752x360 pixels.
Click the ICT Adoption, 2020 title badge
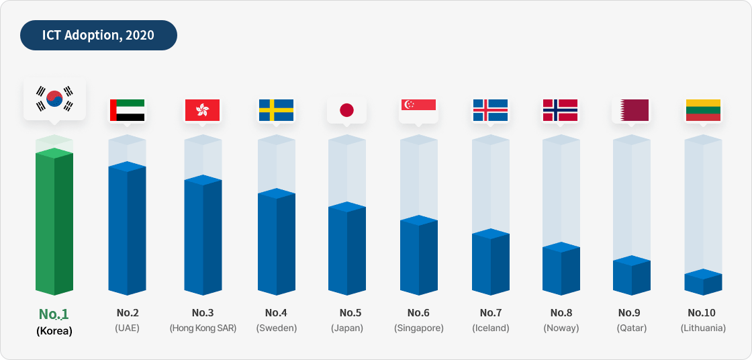tap(98, 35)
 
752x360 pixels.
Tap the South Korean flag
tap(54, 99)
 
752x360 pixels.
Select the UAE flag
tap(127, 110)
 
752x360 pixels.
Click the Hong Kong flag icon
tap(202, 110)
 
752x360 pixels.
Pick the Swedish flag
tap(276, 110)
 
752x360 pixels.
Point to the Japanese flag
tap(346, 110)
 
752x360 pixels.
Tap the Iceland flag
tap(490, 110)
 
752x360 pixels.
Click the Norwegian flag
tap(560, 110)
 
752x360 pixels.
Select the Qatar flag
tap(631, 110)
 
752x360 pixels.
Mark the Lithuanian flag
tap(703, 110)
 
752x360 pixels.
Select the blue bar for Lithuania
tap(703, 283)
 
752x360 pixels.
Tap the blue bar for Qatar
tap(631, 276)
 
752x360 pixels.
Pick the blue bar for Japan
tap(346, 249)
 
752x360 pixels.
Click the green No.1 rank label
tap(54, 314)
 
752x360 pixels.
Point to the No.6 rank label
tap(418, 312)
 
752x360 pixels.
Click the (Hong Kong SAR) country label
tap(203, 328)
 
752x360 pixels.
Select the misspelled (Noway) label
tap(561, 328)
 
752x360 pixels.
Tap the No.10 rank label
tap(702, 312)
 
